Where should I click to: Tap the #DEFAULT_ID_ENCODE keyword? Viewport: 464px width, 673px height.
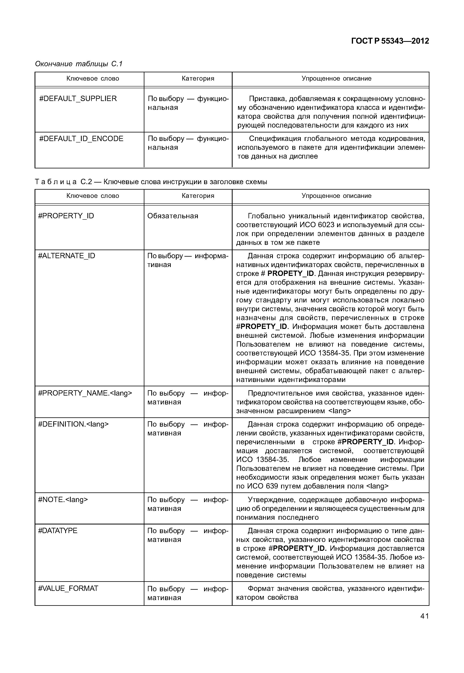point(81,139)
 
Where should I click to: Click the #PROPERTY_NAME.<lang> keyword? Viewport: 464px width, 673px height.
point(85,393)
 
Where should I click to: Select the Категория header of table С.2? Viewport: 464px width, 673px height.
point(198,196)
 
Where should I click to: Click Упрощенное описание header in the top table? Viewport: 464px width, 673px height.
point(336,79)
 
